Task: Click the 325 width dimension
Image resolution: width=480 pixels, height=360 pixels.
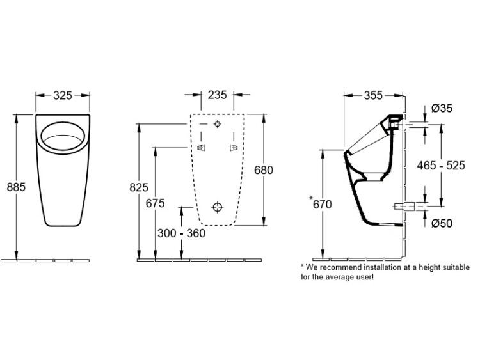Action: click(x=63, y=95)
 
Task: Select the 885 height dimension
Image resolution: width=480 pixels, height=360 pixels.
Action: click(x=16, y=187)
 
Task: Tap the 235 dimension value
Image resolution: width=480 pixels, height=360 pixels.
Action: click(x=218, y=95)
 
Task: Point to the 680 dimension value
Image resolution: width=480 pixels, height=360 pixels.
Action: click(x=264, y=169)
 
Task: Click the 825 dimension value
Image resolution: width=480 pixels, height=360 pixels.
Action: click(x=139, y=187)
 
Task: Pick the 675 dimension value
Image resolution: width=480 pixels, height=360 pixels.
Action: click(x=156, y=203)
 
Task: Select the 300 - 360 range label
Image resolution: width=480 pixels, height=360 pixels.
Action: click(x=181, y=233)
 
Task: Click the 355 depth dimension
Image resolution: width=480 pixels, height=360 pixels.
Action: click(x=374, y=95)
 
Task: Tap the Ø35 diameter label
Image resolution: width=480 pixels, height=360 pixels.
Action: click(x=442, y=108)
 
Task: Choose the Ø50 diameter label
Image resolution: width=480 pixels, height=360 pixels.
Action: click(x=442, y=223)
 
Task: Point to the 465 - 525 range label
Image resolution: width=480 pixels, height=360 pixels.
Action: click(x=441, y=166)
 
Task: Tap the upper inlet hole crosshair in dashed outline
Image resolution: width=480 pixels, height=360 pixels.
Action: click(x=218, y=124)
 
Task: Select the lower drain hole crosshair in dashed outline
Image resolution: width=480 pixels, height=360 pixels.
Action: click(x=218, y=207)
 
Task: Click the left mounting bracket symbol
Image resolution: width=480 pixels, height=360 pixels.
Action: click(x=201, y=148)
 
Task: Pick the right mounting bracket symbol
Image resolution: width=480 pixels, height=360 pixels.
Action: click(x=234, y=148)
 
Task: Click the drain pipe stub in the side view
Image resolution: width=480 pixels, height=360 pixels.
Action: click(x=404, y=207)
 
